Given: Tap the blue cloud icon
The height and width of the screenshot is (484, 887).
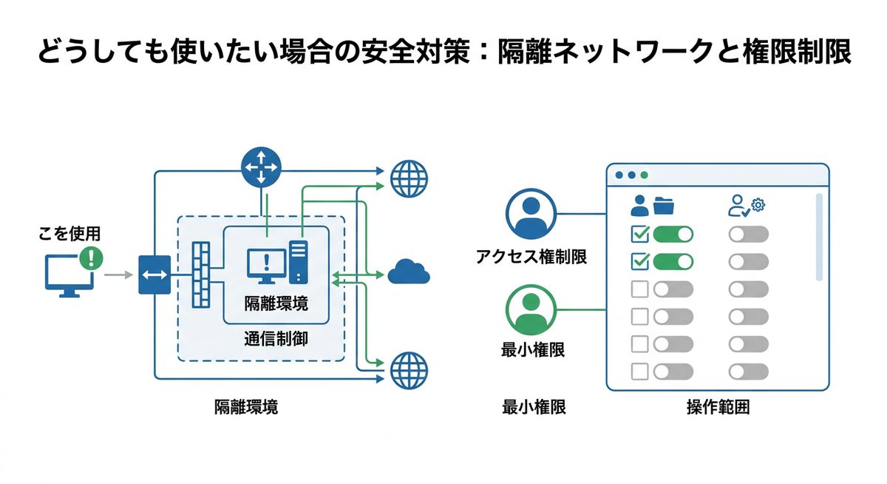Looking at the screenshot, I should tap(409, 272).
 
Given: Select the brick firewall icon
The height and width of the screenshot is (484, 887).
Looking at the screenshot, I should tap(201, 275).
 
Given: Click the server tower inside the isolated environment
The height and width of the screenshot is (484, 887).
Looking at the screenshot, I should tap(299, 261).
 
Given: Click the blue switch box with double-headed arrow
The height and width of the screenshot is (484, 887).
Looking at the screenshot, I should tap(154, 275).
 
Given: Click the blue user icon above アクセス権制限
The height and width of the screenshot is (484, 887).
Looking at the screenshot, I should tap(530, 214).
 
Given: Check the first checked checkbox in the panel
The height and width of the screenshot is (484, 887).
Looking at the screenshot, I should tap(639, 235).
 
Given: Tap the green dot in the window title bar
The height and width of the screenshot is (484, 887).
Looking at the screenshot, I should tap(644, 175).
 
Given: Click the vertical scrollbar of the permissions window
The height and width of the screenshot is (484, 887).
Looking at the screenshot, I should tap(818, 237).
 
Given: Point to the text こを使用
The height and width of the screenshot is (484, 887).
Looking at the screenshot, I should tap(69, 234).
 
